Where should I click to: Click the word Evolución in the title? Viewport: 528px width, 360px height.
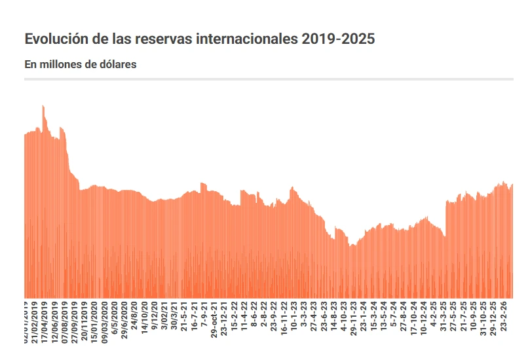click(x=55, y=39)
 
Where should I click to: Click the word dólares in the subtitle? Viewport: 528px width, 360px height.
click(x=117, y=64)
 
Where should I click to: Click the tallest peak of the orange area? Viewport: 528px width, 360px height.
click(x=43, y=106)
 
